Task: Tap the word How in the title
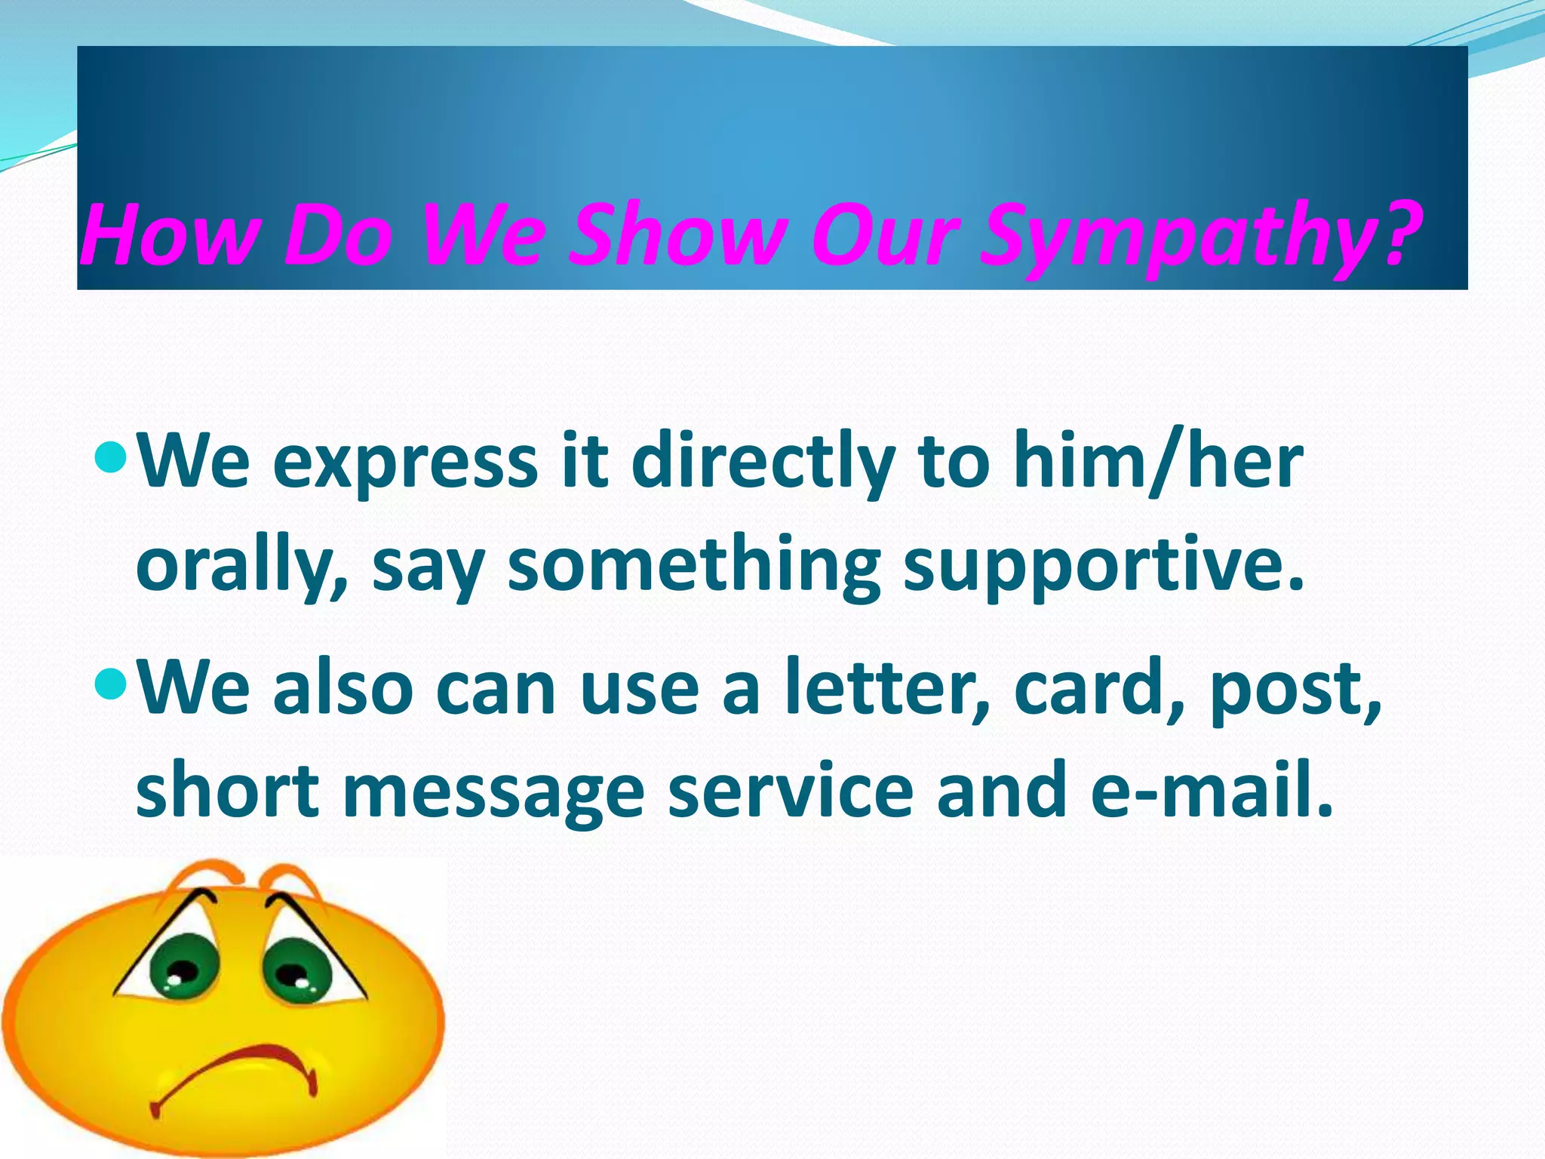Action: click(x=166, y=235)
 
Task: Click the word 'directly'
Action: click(x=762, y=462)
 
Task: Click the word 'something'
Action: click(x=693, y=566)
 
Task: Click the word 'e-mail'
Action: click(x=1212, y=790)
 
